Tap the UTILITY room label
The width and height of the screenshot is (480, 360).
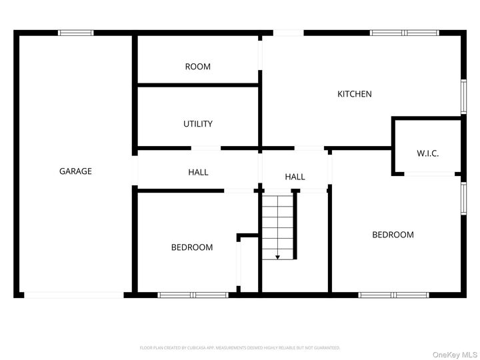coord(198,124)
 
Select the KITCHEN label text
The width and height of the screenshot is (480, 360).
coord(354,94)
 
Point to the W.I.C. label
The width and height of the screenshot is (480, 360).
coord(427,153)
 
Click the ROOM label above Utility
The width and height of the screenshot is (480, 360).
coord(198,67)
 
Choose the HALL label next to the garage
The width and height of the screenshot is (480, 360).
coord(198,172)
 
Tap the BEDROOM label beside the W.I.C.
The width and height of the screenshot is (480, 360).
coord(393,235)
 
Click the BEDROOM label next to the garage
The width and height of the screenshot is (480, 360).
coord(192,247)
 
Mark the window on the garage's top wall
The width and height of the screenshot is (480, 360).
coord(75,32)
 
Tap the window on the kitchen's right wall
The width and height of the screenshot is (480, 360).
coord(464,97)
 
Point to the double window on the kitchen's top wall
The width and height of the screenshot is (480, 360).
coord(405,32)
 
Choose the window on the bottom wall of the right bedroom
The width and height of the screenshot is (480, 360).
coord(393,294)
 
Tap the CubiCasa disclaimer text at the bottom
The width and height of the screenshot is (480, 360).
coord(240,347)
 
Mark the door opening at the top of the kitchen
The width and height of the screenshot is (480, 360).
coord(288,32)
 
